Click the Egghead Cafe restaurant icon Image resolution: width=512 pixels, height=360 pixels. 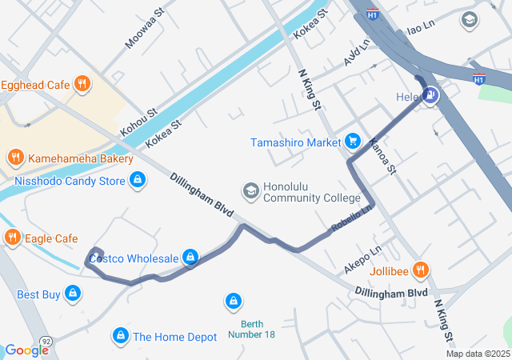(x=82, y=84)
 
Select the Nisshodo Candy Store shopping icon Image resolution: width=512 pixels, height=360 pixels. (x=138, y=181)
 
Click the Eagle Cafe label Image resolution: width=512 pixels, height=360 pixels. (x=50, y=238)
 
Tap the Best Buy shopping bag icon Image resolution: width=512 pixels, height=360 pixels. (x=74, y=294)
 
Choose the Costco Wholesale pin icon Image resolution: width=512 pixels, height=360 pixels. (x=190, y=258)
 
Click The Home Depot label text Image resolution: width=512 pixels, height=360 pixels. (x=174, y=338)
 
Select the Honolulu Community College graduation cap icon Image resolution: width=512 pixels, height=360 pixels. (x=250, y=190)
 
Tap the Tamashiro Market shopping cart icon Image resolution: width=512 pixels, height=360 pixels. (x=352, y=142)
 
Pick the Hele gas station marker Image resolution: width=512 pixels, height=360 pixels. (x=431, y=96)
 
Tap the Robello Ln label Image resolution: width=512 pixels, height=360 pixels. (x=352, y=220)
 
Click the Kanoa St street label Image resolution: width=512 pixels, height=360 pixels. (x=382, y=156)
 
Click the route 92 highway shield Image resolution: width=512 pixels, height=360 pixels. (x=46, y=342)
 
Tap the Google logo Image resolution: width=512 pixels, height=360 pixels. (x=26, y=350)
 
